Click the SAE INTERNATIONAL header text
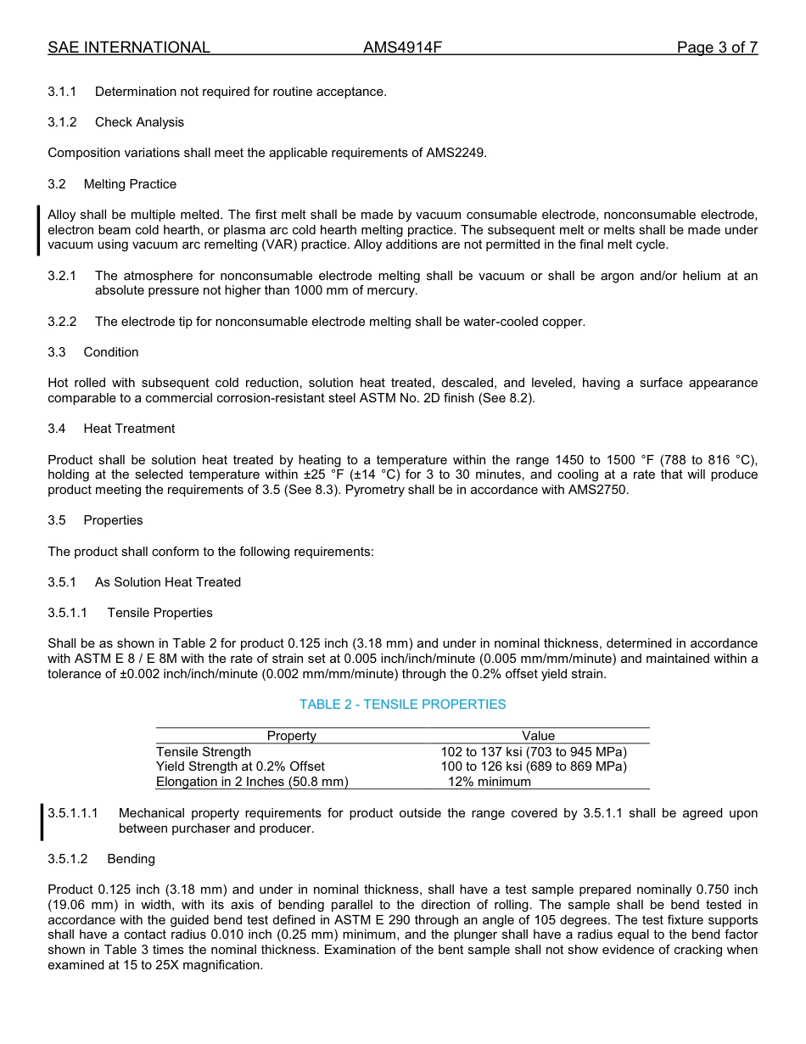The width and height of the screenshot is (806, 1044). pyautogui.click(x=129, y=48)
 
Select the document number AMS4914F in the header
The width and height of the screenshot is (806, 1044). pyautogui.click(x=402, y=48)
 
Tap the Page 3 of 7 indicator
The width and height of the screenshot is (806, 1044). pyautogui.click(x=717, y=48)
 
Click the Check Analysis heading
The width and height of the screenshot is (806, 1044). pyautogui.click(x=139, y=122)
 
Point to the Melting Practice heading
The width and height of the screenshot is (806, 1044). pyautogui.click(x=130, y=184)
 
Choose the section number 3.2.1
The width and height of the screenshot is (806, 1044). pyautogui.click(x=62, y=276)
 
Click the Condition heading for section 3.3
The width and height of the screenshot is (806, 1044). pyautogui.click(x=111, y=352)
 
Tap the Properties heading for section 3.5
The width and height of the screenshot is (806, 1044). pyautogui.click(x=113, y=520)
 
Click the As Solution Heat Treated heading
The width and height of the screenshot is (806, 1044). pyautogui.click(x=168, y=582)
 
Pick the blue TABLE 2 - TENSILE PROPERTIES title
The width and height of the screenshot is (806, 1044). pyautogui.click(x=402, y=704)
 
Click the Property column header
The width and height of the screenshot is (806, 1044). pyautogui.click(x=291, y=736)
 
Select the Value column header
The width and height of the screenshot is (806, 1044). pyautogui.click(x=538, y=736)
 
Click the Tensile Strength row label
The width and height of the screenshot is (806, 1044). pyautogui.click(x=204, y=752)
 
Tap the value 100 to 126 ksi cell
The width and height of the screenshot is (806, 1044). pyautogui.click(x=534, y=766)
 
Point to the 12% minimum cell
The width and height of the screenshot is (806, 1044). pyautogui.click(x=490, y=782)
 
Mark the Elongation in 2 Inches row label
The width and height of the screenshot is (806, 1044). pyautogui.click(x=252, y=782)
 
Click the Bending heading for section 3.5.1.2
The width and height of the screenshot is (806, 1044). pyautogui.click(x=131, y=859)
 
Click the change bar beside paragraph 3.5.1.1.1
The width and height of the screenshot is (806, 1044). pyautogui.click(x=42, y=821)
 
